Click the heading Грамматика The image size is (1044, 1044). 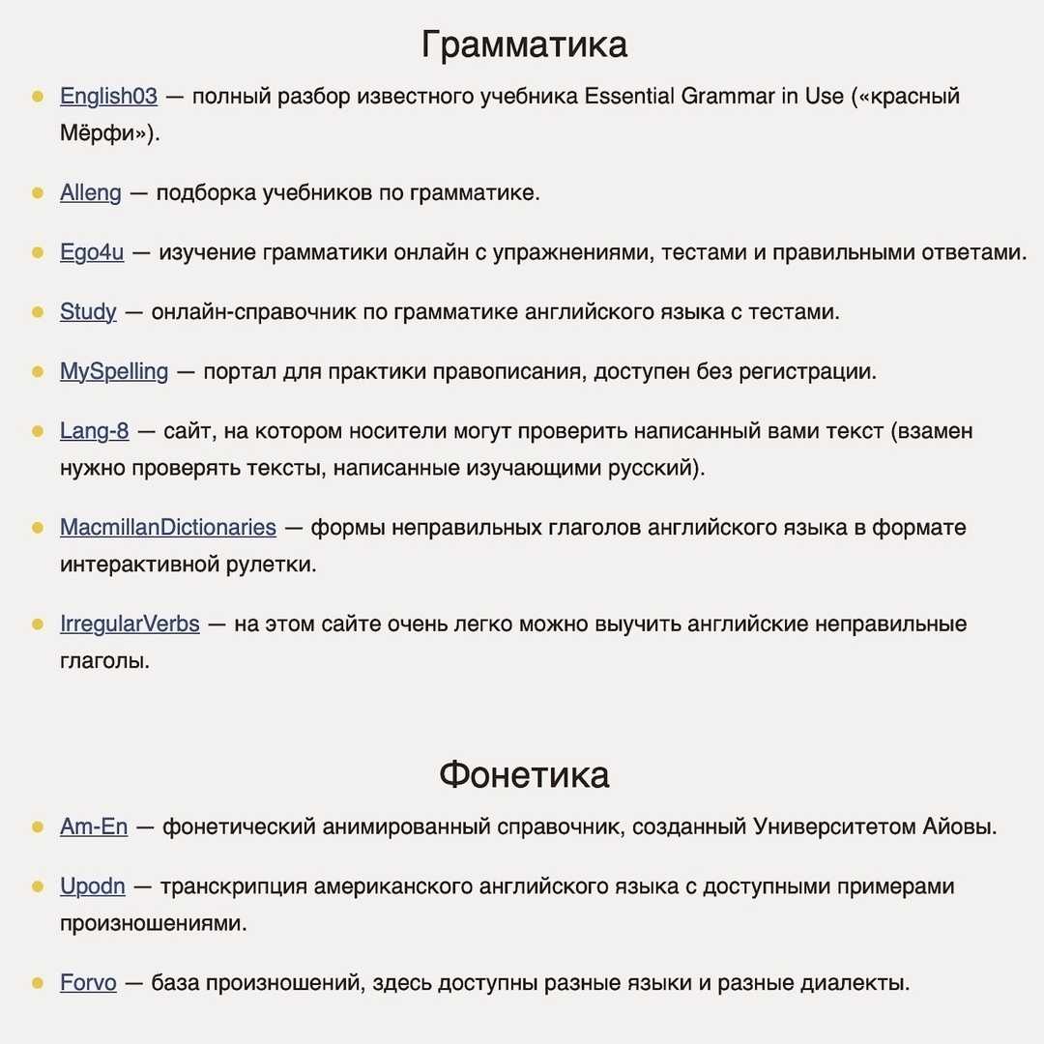coord(524,44)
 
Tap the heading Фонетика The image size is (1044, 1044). coord(524,774)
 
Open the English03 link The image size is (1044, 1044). coord(108,97)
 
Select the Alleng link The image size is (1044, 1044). coord(91,192)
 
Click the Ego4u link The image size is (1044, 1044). coord(92,252)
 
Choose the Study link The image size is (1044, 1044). coord(88,312)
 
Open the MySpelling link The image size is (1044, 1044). coord(114,371)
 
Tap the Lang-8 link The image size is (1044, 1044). coord(94,431)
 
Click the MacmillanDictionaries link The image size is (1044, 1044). coord(168,528)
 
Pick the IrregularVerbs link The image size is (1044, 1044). coord(130,624)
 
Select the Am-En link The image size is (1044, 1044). coord(94,827)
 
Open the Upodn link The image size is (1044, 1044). coord(93,886)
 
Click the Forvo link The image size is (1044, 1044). coord(88,983)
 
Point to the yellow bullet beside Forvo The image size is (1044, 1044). coord(38,983)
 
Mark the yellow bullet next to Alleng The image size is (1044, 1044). coord(38,192)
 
